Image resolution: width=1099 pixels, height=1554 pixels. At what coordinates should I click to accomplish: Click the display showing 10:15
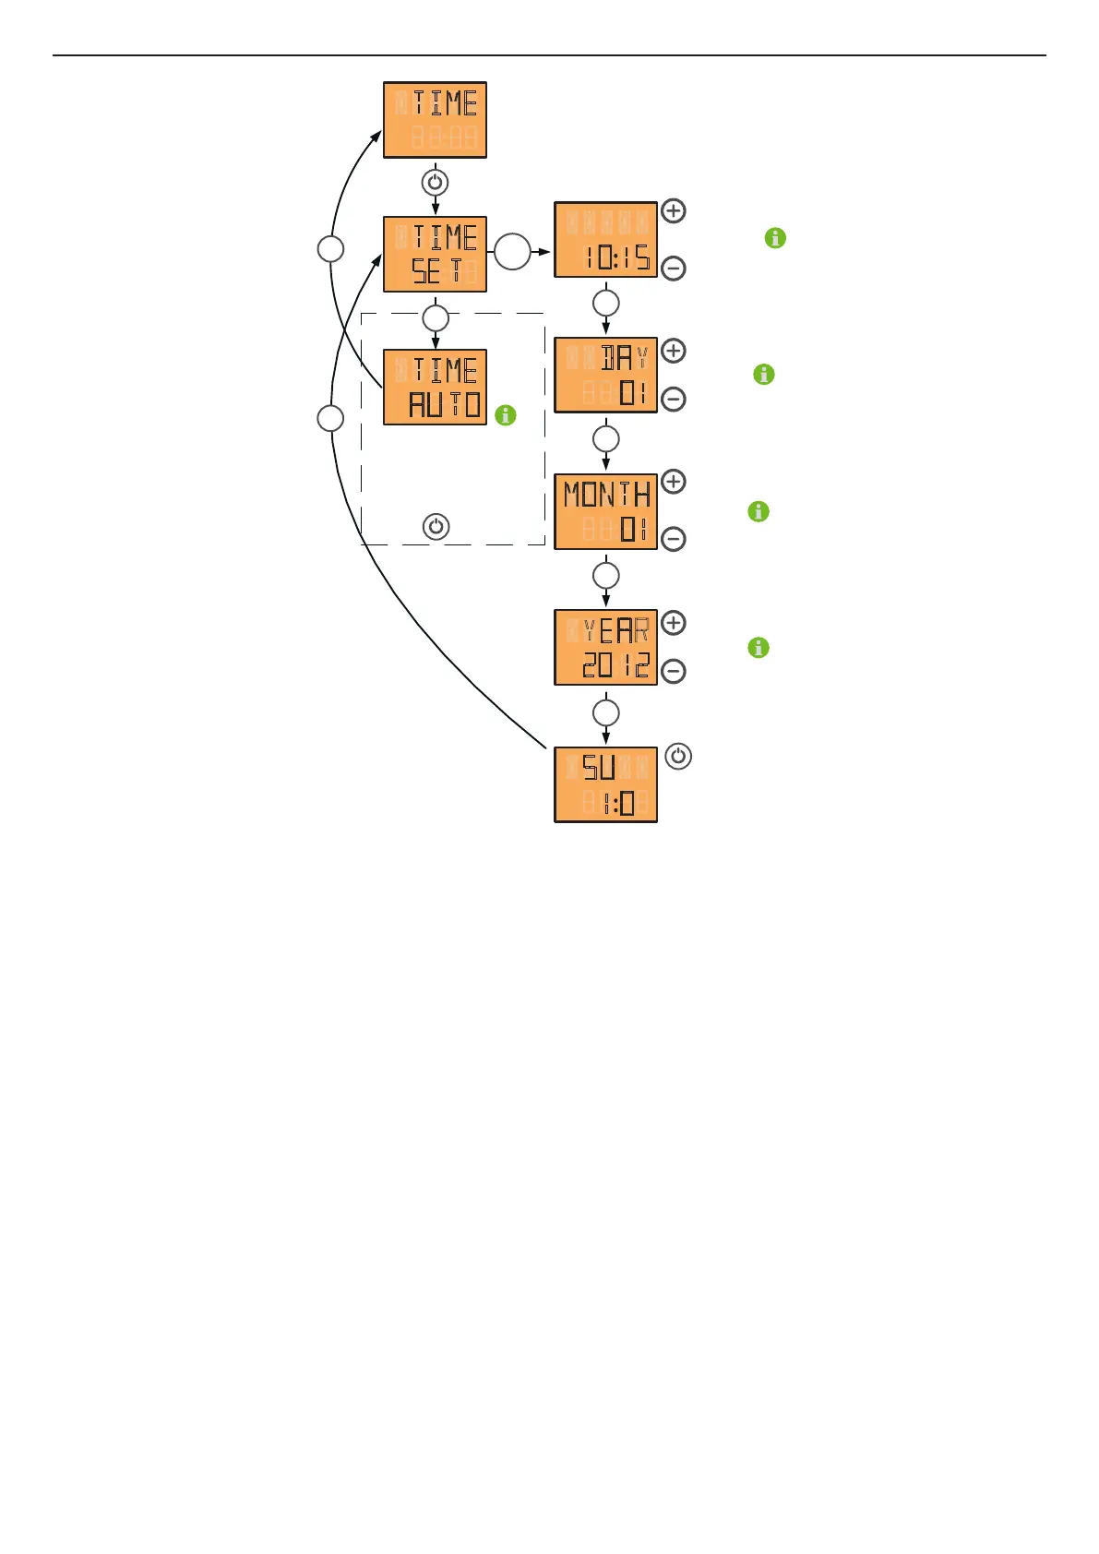coord(605,240)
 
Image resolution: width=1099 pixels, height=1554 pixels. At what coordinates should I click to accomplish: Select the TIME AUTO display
coord(435,388)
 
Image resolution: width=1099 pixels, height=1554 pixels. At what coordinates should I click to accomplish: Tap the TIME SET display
coord(435,255)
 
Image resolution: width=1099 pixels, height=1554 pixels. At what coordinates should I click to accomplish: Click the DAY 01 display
coord(605,375)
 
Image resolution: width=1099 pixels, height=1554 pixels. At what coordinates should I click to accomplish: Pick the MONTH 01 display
coord(605,511)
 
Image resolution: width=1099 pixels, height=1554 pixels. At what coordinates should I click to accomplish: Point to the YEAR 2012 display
coord(605,647)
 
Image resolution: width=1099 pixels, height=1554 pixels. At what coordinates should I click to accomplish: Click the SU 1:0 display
coord(605,784)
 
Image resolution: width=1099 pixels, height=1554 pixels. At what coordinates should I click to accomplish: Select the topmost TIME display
coord(435,120)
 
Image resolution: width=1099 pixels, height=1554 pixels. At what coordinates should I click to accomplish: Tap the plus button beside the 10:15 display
coord(674,211)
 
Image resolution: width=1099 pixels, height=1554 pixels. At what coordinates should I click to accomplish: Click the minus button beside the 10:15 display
coord(674,269)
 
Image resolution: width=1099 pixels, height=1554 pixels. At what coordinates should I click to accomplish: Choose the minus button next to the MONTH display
coord(674,539)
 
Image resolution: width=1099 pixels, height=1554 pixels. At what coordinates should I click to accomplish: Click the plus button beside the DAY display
coord(674,351)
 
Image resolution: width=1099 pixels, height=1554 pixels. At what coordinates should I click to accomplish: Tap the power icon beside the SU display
coord(678,757)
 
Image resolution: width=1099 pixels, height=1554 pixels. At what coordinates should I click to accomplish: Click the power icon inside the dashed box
coord(436,527)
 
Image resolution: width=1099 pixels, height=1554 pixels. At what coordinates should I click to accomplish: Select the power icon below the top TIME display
coord(435,182)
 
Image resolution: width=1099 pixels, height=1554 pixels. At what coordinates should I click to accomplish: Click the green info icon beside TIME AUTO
coord(506,415)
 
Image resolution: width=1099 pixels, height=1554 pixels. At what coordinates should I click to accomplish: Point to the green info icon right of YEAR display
coord(759,648)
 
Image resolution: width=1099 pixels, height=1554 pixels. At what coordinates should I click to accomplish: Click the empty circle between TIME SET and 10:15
coord(512,252)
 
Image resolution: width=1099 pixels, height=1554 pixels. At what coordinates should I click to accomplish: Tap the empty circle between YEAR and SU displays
coord(605,712)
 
